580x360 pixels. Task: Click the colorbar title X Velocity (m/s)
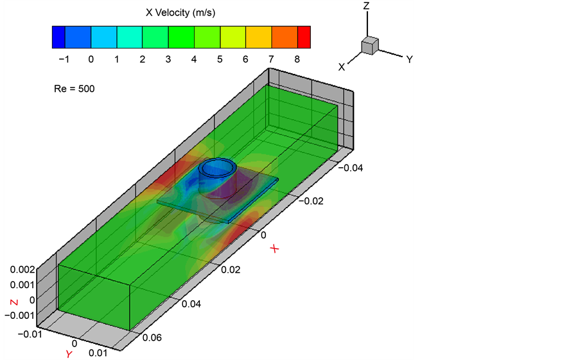180,13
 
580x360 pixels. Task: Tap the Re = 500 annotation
75,89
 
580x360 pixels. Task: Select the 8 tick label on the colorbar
297,59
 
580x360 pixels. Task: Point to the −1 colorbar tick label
64,59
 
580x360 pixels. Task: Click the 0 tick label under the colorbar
91,59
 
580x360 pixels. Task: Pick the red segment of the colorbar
304,37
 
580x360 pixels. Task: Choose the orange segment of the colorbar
285,37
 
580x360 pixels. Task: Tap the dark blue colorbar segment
59,37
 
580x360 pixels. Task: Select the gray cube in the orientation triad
370,46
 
